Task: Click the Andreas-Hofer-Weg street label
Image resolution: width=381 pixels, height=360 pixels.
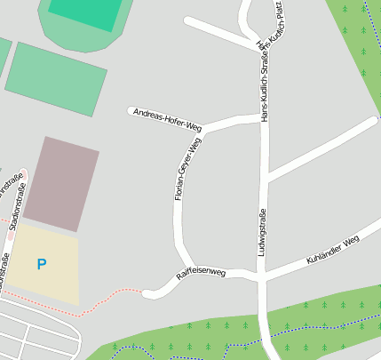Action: click(x=167, y=119)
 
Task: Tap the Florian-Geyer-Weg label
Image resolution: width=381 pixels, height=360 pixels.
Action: click(x=183, y=169)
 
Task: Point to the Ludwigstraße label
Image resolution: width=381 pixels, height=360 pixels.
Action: click(x=262, y=233)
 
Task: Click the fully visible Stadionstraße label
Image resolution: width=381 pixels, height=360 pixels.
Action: click(x=17, y=202)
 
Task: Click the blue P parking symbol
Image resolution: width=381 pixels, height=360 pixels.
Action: click(x=42, y=264)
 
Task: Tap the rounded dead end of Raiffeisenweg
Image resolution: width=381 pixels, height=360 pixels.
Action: click(x=150, y=291)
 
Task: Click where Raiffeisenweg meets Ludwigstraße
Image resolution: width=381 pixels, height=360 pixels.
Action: click(x=261, y=278)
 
